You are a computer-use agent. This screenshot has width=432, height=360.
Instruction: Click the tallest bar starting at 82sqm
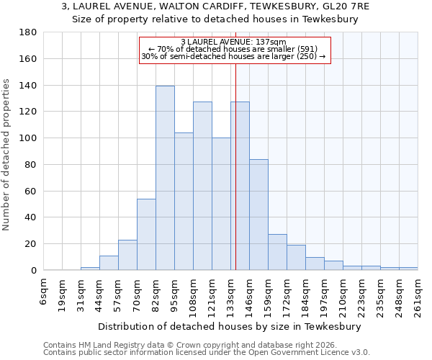pyautogui.click(x=165, y=178)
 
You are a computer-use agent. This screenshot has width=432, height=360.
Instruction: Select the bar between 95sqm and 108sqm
pyautogui.click(x=184, y=202)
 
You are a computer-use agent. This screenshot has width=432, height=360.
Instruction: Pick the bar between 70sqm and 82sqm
pyautogui.click(x=146, y=234)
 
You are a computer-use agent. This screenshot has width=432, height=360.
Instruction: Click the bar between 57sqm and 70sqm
pyautogui.click(x=127, y=255)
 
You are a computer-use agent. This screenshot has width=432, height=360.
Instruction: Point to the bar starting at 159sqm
pyautogui.click(x=277, y=252)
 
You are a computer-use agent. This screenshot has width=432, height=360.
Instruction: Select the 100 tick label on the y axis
pyautogui.click(x=29, y=138)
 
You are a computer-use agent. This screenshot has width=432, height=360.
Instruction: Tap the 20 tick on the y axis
pyautogui.click(x=32, y=244)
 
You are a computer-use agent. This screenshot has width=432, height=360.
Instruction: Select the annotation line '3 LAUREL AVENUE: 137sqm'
pyautogui.click(x=233, y=42)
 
